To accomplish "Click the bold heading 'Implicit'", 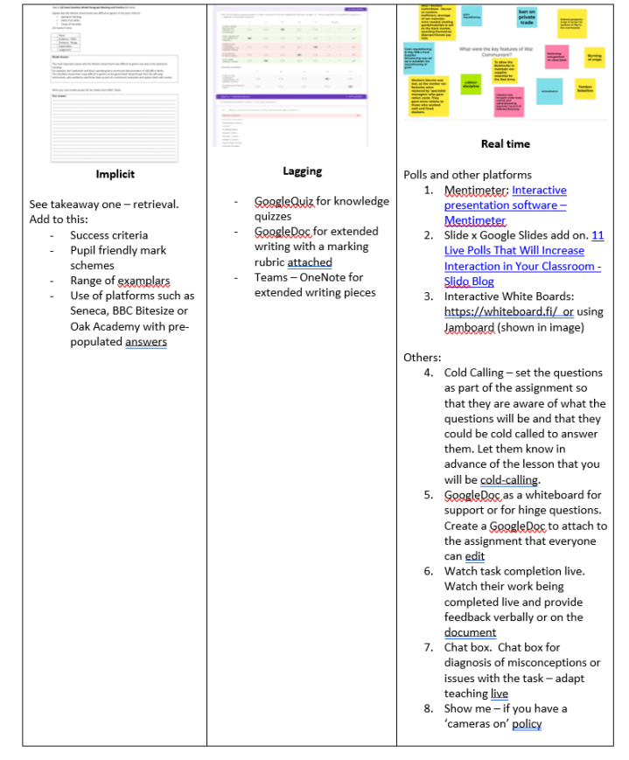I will (115, 174).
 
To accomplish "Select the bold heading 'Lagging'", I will (302, 171).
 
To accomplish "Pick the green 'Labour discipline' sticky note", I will (471, 86).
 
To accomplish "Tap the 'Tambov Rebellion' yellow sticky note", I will (585, 89).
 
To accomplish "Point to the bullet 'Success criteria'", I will (108, 235).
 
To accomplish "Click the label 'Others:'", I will (422, 357).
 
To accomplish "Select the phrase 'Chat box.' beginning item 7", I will (470, 648).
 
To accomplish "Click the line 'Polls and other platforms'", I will (467, 175).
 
